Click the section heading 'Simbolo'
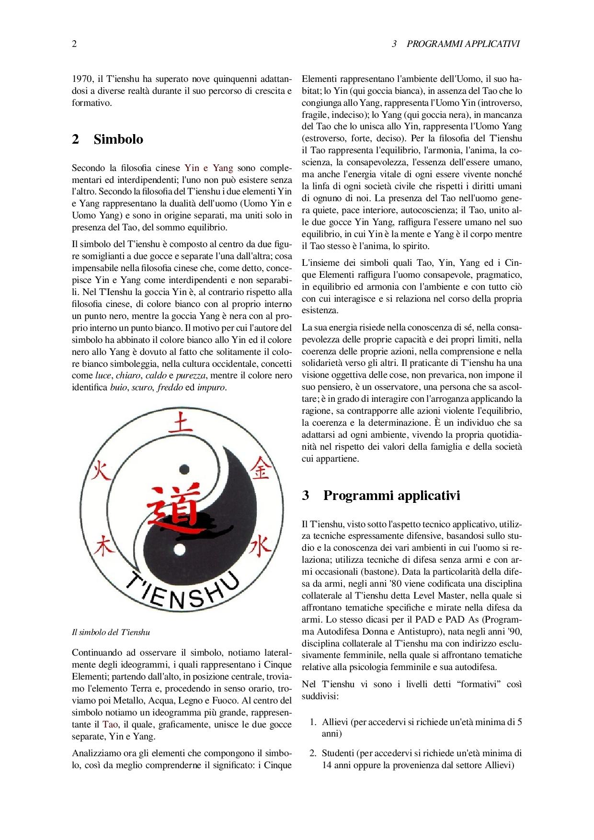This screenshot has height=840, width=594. (x=118, y=139)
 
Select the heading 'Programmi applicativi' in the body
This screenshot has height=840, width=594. (x=391, y=495)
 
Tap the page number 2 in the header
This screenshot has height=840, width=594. (x=74, y=44)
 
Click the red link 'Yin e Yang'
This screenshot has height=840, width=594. (x=208, y=168)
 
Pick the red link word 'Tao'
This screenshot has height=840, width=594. (x=110, y=725)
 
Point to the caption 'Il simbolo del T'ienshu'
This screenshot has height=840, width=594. (x=111, y=632)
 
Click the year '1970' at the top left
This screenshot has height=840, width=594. (x=82, y=79)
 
